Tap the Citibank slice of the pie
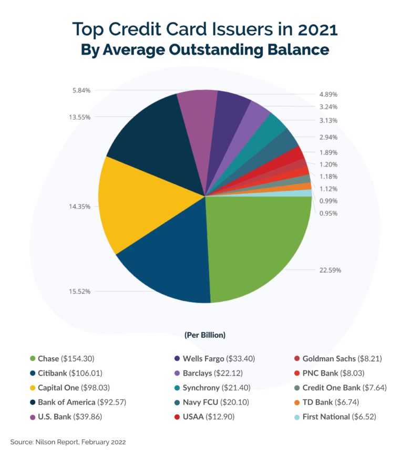(x=168, y=263)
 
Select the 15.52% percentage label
(x=80, y=291)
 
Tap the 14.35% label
(x=80, y=207)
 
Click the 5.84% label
(x=81, y=90)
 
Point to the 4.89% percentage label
(x=328, y=95)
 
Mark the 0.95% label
(x=328, y=213)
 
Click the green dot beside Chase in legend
(x=33, y=359)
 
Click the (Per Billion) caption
(x=205, y=335)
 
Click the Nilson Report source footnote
(x=68, y=442)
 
